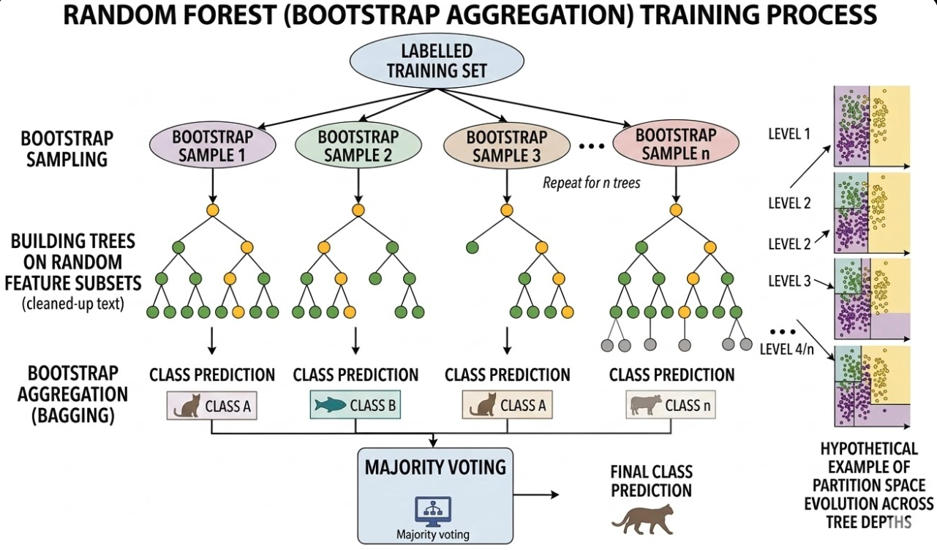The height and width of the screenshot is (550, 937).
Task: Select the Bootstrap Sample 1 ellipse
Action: point(212,145)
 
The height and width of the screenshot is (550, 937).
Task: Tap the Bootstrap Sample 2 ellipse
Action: point(358,145)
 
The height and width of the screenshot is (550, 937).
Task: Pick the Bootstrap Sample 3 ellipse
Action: point(506,145)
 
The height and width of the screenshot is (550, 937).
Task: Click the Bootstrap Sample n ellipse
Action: point(674,145)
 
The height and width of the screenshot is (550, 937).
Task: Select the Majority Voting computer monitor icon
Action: point(433,510)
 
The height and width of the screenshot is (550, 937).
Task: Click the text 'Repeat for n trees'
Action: point(591,183)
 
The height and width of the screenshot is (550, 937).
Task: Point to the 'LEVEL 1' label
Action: point(790,134)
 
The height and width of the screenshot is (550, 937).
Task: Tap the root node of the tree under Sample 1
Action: point(213,211)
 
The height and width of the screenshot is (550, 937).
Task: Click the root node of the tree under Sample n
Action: point(675,211)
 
